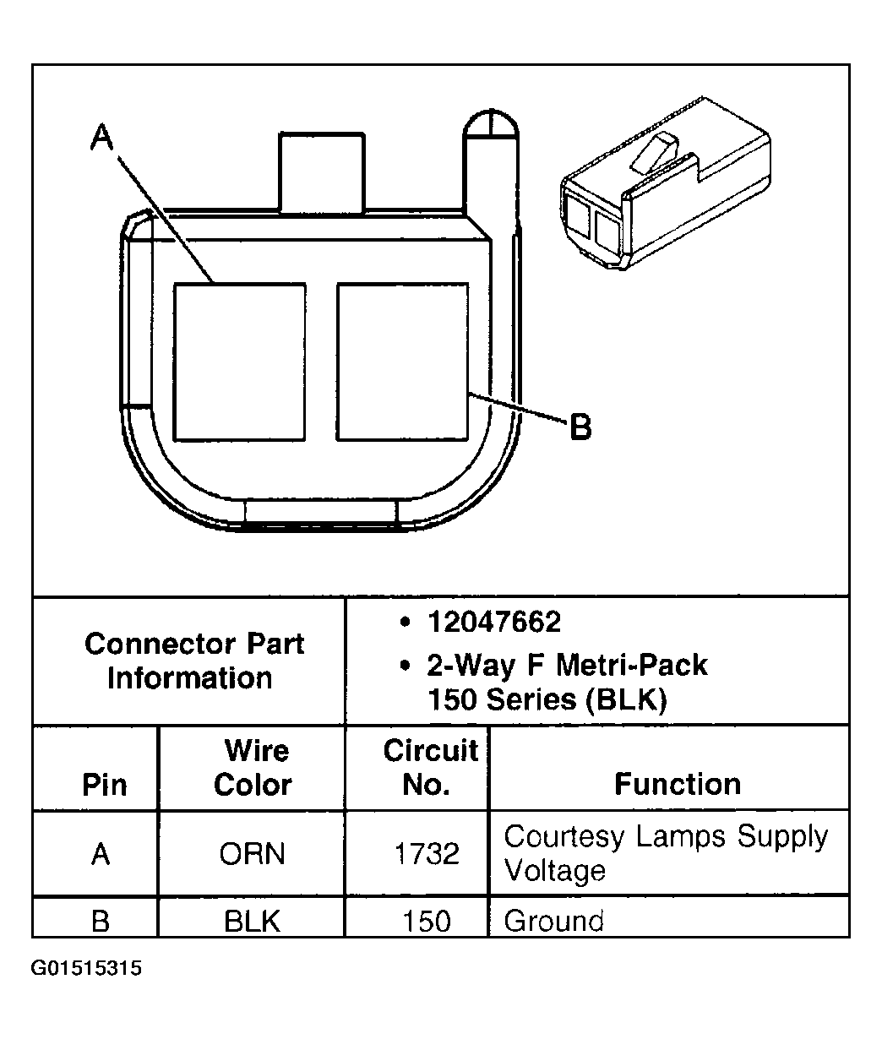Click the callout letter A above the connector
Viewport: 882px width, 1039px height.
click(x=103, y=137)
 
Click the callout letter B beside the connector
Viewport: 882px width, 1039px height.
click(x=580, y=427)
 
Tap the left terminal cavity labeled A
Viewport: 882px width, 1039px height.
click(x=239, y=362)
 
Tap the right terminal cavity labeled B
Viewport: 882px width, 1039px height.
click(x=402, y=362)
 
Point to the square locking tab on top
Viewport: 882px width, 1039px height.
click(x=322, y=171)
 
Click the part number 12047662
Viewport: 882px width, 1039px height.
click(x=493, y=623)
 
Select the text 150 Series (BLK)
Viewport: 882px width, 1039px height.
click(x=547, y=700)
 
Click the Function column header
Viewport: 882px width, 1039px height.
click(x=677, y=784)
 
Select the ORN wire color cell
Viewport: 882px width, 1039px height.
click(x=253, y=854)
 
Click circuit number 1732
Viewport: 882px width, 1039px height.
click(x=427, y=854)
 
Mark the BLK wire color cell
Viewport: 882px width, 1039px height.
click(x=253, y=920)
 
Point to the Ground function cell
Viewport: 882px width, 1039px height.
click(x=553, y=920)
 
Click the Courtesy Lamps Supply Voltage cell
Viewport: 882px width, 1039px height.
click(x=666, y=852)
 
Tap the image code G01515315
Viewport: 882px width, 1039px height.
click(x=86, y=968)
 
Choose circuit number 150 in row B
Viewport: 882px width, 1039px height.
click(x=427, y=920)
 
